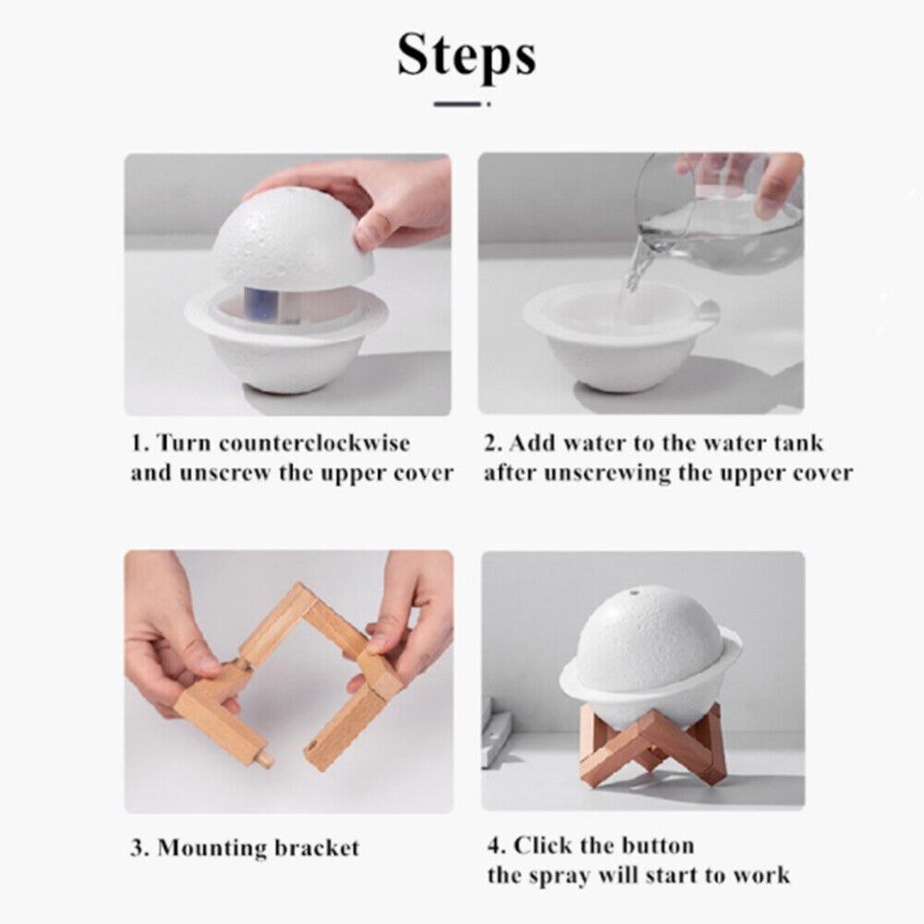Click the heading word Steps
click(467, 55)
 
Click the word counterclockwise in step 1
click(314, 443)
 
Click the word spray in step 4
click(561, 876)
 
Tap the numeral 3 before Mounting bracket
click(137, 848)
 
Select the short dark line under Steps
click(457, 104)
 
